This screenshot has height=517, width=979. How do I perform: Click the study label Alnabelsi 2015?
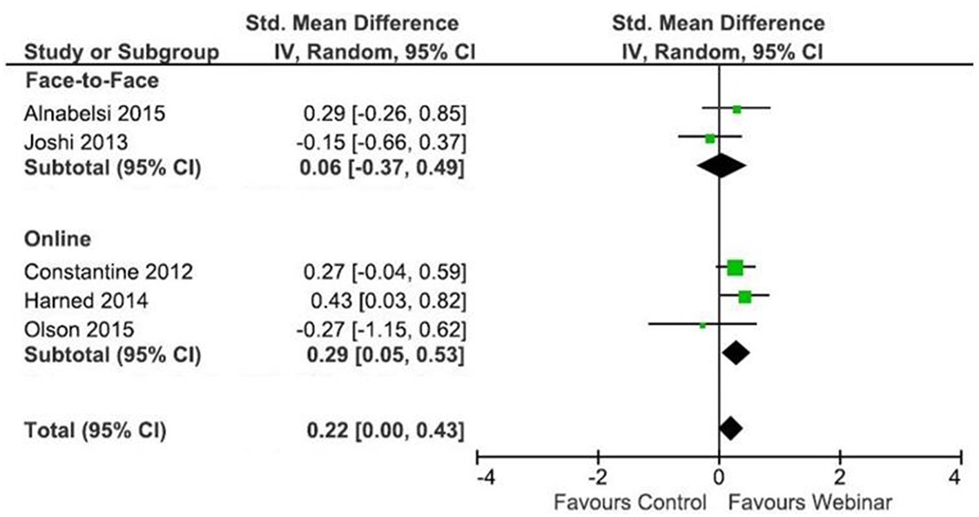click(x=95, y=113)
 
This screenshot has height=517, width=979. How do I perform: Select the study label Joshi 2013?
click(x=76, y=143)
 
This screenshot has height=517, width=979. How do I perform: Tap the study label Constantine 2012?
click(x=108, y=272)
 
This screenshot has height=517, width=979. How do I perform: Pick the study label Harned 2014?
click(x=86, y=301)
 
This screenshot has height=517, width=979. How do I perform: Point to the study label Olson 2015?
click(x=79, y=329)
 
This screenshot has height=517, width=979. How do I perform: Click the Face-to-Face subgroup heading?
click(x=92, y=81)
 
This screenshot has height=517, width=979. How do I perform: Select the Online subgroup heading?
click(x=58, y=239)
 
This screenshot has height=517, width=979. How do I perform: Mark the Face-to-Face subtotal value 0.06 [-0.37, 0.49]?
click(x=382, y=168)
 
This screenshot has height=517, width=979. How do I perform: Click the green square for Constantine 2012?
click(x=735, y=267)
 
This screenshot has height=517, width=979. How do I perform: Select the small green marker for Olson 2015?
click(x=703, y=324)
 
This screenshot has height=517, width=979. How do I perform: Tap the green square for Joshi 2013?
click(x=710, y=138)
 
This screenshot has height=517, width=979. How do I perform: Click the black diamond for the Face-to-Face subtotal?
click(x=721, y=166)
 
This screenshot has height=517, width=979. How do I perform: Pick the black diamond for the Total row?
click(x=731, y=429)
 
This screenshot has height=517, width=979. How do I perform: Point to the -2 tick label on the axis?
click(x=598, y=478)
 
